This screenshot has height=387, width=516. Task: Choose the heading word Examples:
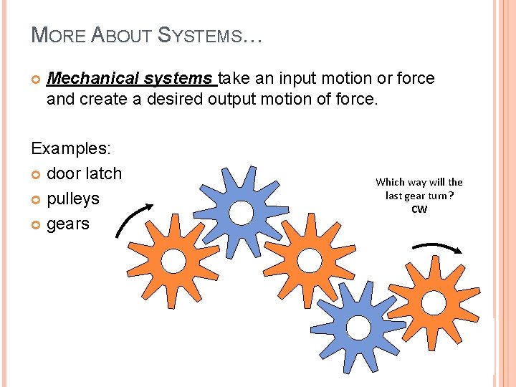click(71, 148)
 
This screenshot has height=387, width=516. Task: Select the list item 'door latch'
click(84, 173)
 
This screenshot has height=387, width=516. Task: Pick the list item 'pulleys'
click(72, 199)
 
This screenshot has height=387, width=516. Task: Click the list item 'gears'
click(67, 224)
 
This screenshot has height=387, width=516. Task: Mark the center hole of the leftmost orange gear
click(173, 261)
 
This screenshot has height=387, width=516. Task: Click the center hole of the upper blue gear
click(242, 213)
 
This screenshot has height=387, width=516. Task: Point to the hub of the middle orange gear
click(309, 259)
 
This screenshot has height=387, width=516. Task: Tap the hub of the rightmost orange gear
click(433, 303)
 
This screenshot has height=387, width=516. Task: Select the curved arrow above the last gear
click(437, 247)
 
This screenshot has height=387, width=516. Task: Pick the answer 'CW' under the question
click(419, 209)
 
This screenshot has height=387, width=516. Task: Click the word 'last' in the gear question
click(394, 196)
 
